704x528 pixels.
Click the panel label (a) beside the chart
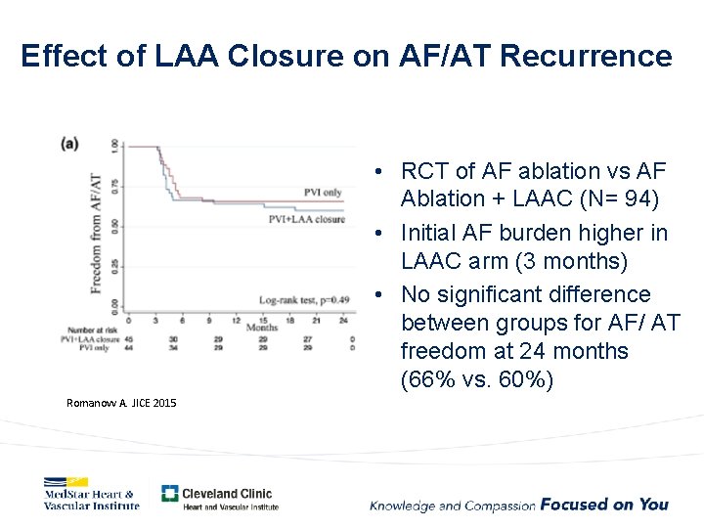pyautogui.click(x=70, y=143)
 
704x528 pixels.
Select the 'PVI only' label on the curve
pyautogui.click(x=323, y=192)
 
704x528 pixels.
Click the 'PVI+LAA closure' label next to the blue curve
pyautogui.click(x=306, y=220)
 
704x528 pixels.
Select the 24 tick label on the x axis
pyautogui.click(x=342, y=320)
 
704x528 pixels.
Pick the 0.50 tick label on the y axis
pyautogui.click(x=115, y=226)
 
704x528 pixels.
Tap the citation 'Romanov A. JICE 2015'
pyautogui.click(x=121, y=403)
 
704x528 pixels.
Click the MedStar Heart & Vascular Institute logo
pyautogui.click(x=91, y=494)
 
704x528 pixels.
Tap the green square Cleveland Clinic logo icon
pyautogui.click(x=170, y=494)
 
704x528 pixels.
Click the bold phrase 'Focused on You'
pyautogui.click(x=604, y=505)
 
